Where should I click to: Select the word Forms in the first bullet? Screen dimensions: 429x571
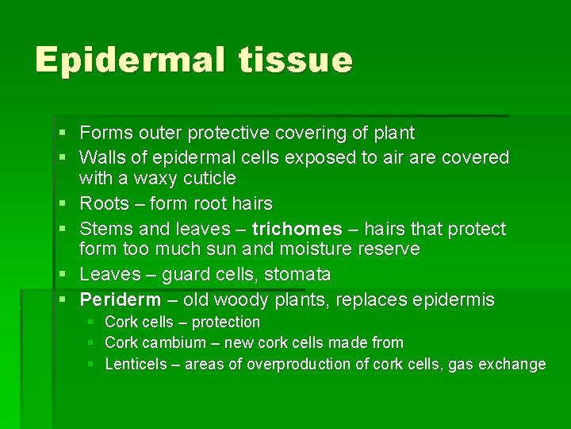107,133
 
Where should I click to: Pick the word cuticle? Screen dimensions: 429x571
209,178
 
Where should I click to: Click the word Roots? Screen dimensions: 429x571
105,203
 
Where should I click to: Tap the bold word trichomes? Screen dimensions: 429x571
297,229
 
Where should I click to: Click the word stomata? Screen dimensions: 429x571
297,275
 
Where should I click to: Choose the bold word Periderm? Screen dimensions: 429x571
120,300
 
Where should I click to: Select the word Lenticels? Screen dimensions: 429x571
136,364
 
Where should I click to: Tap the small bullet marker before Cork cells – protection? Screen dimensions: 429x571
90,322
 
